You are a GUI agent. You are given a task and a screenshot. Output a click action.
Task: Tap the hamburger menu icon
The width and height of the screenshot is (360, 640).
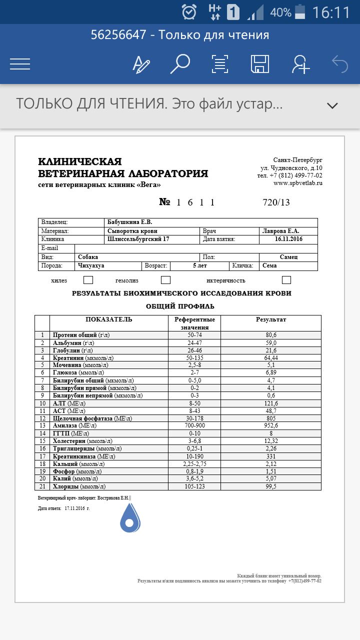(20, 64)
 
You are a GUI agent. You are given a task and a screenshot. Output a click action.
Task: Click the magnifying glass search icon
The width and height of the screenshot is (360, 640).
(180, 64)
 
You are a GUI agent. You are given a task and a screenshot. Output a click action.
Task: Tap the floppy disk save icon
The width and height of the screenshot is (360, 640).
(260, 64)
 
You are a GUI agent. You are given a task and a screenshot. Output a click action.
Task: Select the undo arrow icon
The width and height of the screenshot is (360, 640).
(340, 64)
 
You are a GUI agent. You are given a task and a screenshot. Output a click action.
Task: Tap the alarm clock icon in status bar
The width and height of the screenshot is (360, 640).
(189, 11)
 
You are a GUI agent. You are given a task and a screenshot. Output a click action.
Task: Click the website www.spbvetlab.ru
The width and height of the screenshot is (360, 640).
(298, 183)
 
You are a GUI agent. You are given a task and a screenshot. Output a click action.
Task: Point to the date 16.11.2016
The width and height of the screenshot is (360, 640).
(289, 239)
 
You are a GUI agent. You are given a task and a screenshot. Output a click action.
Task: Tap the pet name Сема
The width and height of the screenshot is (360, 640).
(270, 266)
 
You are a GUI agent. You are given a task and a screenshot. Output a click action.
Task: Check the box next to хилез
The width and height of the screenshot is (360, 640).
(88, 280)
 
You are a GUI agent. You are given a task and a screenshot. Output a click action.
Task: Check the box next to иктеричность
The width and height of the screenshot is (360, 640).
(286, 280)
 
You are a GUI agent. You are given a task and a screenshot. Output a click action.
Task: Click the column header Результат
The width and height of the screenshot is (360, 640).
(271, 319)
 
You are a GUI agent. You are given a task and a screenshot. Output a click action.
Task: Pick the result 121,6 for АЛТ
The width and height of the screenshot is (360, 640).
(271, 403)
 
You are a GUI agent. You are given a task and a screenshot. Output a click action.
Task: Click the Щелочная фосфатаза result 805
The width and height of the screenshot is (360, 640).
(271, 418)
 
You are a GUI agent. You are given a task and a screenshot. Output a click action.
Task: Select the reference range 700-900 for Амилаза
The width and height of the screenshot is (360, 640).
(194, 425)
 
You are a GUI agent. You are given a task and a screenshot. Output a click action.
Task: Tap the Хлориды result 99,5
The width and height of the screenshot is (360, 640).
(271, 486)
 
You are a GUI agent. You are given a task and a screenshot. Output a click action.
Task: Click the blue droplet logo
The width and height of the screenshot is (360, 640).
(130, 518)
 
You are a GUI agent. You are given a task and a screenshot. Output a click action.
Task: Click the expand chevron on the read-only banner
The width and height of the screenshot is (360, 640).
(332, 105)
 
